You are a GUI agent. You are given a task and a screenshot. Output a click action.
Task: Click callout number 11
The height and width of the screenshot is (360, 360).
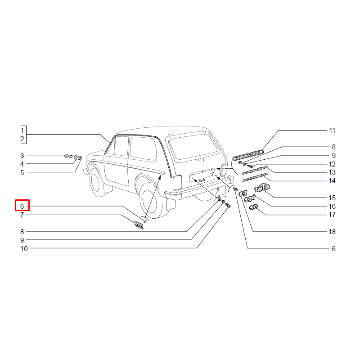coord(332,130)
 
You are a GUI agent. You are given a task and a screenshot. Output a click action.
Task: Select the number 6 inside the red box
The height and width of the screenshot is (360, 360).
coord(22,206)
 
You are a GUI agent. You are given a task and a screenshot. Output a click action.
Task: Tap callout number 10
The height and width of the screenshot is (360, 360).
coord(24,248)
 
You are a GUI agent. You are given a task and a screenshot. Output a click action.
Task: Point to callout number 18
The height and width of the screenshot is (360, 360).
coord(332,231)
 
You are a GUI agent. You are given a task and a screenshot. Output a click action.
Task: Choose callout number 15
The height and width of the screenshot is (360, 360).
coord(332,198)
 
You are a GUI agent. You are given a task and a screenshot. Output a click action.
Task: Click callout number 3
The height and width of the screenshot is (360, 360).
coord(22,155)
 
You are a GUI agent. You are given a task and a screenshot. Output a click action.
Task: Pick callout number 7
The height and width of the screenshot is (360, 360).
coord(22,215)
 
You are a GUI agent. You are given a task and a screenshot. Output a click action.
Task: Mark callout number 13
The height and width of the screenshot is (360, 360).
coord(332,172)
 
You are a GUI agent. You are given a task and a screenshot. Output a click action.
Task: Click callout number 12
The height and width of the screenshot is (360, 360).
coord(332,164)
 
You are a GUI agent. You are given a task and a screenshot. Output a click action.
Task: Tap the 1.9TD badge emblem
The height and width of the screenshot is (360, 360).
coord(262,188)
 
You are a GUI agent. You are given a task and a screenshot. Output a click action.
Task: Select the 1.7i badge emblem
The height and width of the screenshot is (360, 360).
coord(250,198)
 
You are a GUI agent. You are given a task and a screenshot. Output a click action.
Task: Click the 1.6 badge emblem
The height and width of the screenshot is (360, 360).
coord(254,207)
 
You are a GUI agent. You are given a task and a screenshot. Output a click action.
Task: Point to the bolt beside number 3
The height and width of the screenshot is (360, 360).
coord(68,156)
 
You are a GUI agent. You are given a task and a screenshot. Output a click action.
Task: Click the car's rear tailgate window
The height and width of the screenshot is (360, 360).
coord(193,147)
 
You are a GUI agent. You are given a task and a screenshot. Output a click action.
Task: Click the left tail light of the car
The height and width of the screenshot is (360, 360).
coord(177,182)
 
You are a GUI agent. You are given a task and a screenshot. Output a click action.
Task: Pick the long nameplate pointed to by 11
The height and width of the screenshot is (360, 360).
coord(248,155)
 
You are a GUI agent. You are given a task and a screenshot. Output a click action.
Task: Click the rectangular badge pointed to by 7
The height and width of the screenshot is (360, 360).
coord(139,225)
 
